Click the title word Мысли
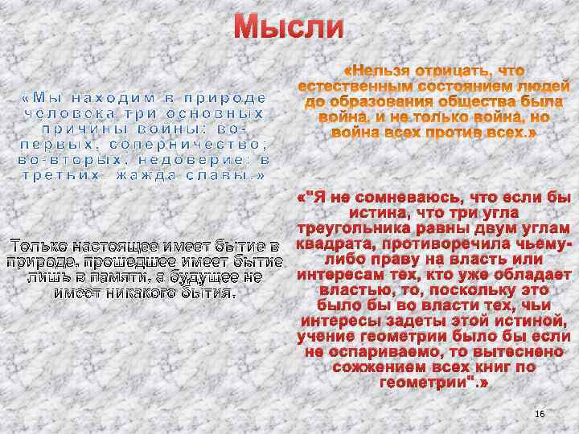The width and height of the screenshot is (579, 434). coord(289,27)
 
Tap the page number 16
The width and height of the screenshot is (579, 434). coord(540,413)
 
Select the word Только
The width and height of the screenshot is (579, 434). coord(38,245)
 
